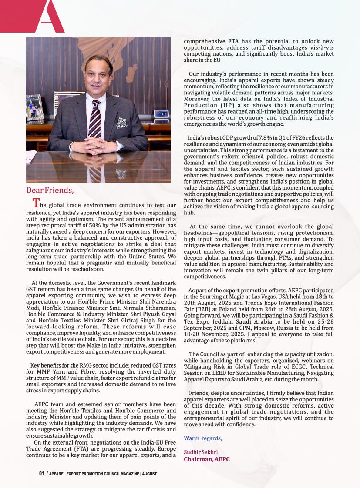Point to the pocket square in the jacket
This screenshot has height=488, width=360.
[121, 123]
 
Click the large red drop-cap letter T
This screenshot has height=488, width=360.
[37, 203]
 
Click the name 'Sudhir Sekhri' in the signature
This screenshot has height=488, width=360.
[201, 452]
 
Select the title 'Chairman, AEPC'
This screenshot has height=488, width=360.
[207, 459]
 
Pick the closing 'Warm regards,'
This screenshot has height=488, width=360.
[203, 438]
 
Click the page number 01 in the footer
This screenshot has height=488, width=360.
[42, 473]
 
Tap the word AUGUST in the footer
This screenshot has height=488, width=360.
[149, 474]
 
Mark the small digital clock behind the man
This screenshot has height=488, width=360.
[161, 114]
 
